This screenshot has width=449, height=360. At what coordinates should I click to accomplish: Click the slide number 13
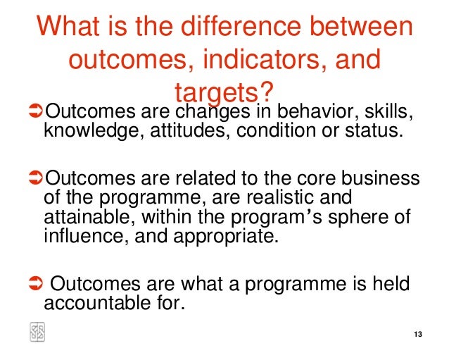pyautogui.click(x=418, y=334)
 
